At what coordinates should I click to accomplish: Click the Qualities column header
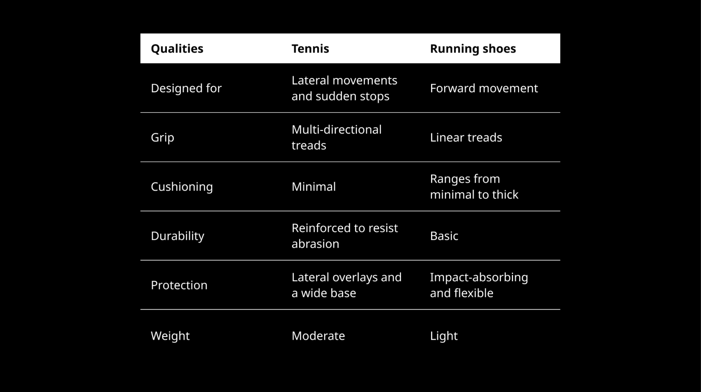click(177, 49)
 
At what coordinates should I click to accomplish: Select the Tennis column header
click(310, 49)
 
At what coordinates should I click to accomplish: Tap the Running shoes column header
click(473, 49)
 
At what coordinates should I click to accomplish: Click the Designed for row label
click(186, 88)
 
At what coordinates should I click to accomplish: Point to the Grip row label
click(163, 137)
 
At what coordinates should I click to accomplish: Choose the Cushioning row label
click(182, 187)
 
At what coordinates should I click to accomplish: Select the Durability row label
click(177, 236)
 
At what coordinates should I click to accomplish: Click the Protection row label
click(179, 285)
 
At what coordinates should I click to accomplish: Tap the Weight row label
click(170, 336)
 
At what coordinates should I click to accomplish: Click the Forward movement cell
click(484, 88)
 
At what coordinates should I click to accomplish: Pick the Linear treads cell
click(466, 137)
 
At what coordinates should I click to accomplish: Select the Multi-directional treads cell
click(336, 137)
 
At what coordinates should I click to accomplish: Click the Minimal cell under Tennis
click(313, 187)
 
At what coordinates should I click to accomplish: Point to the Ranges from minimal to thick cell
click(474, 187)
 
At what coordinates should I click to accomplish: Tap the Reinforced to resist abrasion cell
click(344, 236)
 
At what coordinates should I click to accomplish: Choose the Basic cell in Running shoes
click(444, 236)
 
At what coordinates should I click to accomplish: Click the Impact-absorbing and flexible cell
click(479, 285)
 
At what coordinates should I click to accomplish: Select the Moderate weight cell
click(318, 336)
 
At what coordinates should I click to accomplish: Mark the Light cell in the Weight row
click(444, 336)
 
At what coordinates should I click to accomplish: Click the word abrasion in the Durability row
click(315, 244)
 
